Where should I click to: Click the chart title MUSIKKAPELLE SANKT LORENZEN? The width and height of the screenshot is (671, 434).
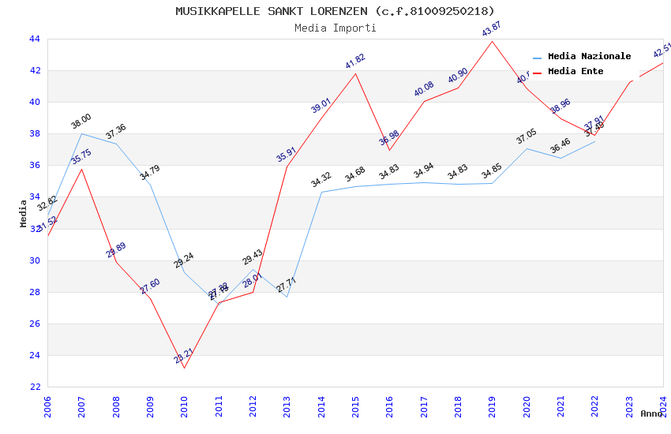(335, 11)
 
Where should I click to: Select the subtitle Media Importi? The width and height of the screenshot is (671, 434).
(335, 28)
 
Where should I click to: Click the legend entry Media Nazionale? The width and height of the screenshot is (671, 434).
(589, 56)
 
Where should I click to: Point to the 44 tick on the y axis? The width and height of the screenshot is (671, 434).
(34, 39)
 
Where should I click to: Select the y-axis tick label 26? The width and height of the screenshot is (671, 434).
(34, 324)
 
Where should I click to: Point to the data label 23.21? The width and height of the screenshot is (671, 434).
(183, 356)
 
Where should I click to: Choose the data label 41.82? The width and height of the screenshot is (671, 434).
(354, 62)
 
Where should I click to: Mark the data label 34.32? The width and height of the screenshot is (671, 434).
(321, 180)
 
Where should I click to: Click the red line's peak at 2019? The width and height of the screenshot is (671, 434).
(493, 41)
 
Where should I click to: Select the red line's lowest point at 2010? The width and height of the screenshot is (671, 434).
(184, 368)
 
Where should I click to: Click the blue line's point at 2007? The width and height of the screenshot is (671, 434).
(81, 133)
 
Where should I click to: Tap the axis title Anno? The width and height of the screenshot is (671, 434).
(651, 413)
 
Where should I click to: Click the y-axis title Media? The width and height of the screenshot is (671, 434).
(24, 213)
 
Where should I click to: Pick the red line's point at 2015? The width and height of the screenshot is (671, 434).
(355, 73)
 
